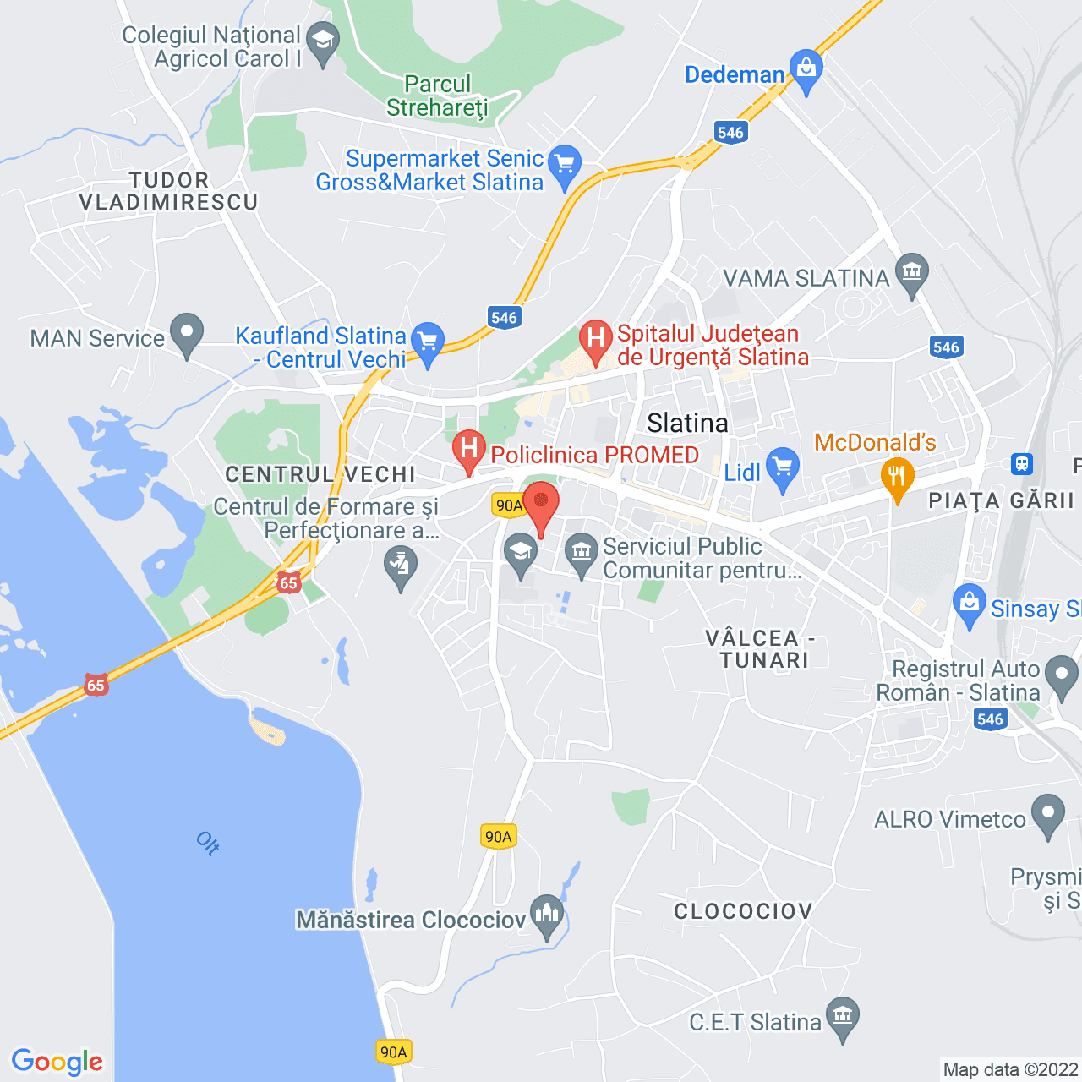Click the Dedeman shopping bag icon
806,68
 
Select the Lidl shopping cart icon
783,467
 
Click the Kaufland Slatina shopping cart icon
428,343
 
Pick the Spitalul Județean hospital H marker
596,340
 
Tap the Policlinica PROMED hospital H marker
468,449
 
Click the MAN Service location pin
187,333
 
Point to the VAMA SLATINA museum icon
911,272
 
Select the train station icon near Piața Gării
1022,463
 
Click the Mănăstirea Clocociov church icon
547,914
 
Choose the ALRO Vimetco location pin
1049,815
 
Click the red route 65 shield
289,582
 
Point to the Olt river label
208,843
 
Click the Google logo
57,1062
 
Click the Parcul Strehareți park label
438,96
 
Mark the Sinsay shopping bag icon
970,604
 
